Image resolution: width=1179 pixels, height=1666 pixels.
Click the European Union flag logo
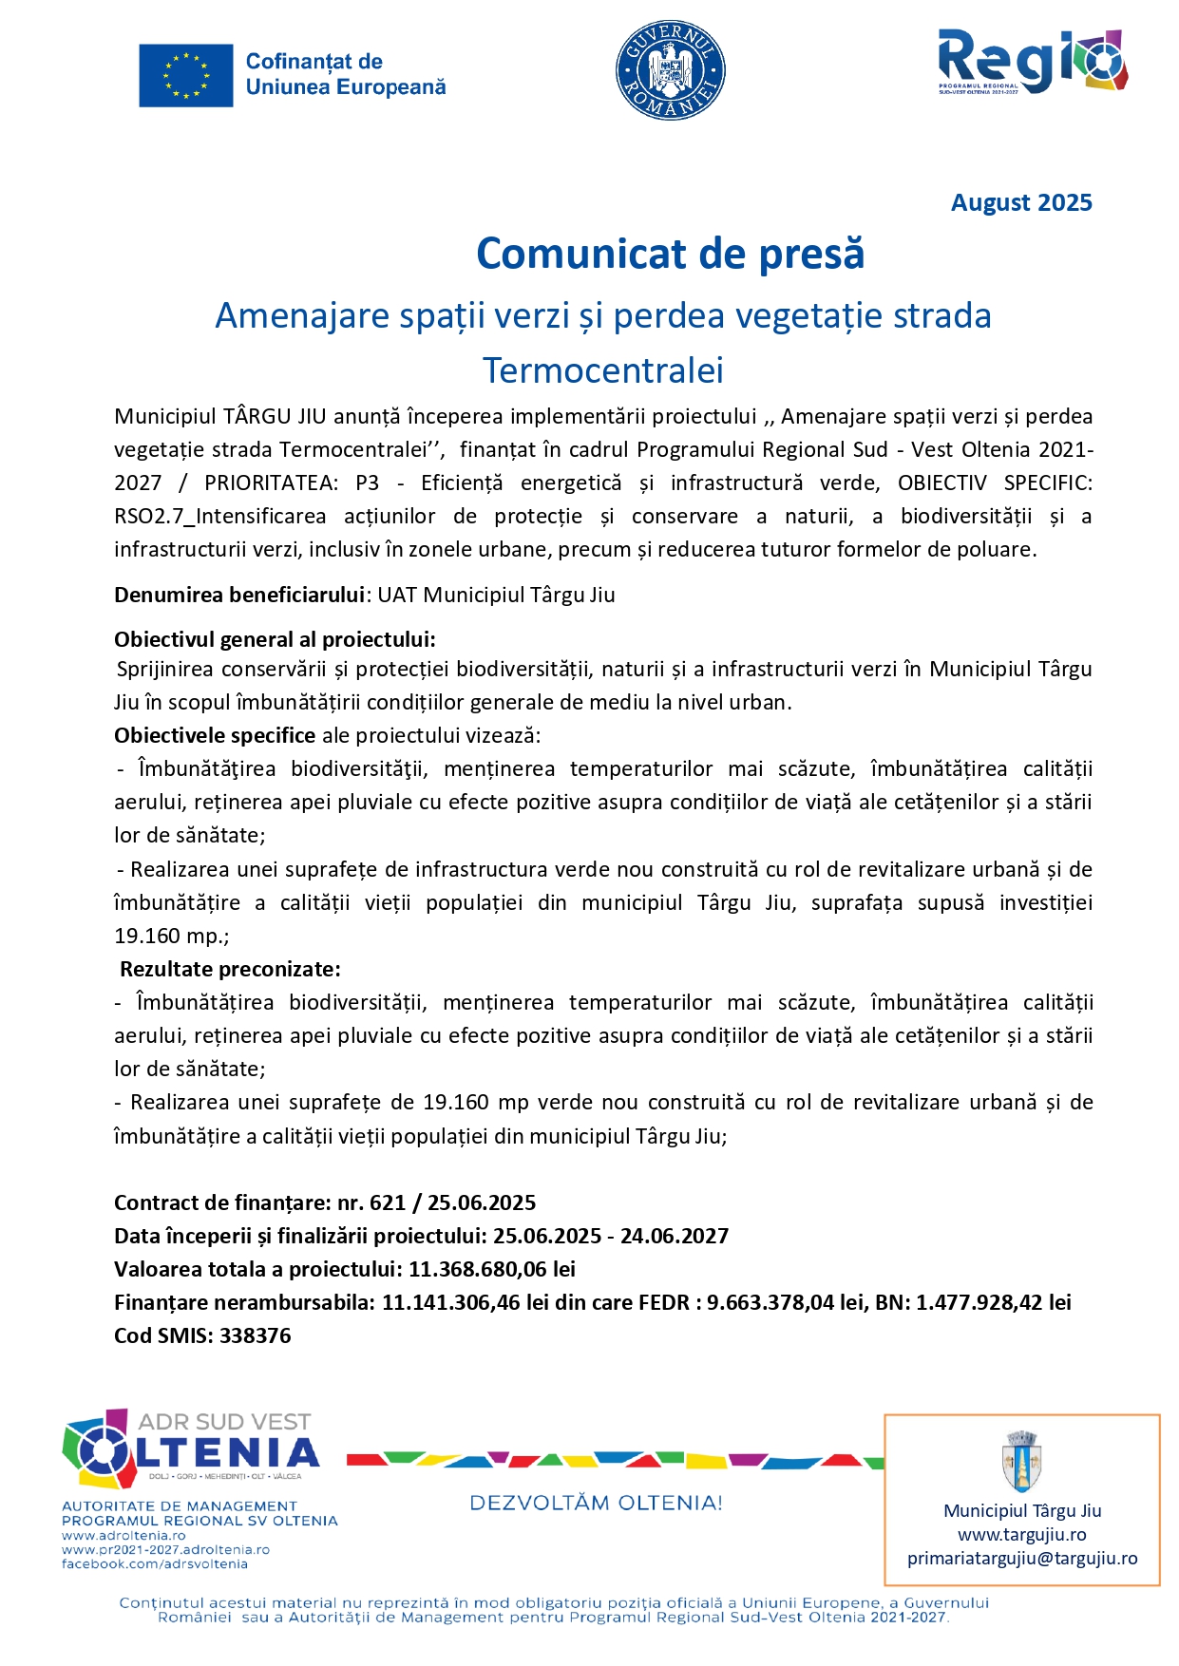pos(186,75)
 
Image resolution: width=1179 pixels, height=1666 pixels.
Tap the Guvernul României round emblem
pos(670,71)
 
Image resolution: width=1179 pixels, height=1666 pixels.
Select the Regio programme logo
pos(1032,62)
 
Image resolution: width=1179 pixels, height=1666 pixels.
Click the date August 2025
pos(1021,203)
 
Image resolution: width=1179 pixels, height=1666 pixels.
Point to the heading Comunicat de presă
pos(670,255)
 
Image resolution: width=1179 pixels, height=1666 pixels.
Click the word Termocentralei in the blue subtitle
pos(602,370)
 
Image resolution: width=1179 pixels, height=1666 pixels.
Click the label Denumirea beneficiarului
pos(239,596)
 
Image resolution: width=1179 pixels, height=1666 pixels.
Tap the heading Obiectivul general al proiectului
pos(275,639)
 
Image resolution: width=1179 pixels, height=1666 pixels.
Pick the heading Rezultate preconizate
pos(230,970)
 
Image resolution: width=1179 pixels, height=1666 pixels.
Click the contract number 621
pos(388,1203)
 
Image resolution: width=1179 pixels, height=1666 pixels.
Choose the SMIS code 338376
pos(256,1336)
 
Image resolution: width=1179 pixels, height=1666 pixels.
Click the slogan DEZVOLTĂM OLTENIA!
pos(596,1504)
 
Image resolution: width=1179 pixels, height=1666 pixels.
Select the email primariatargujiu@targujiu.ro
pos(1022,1559)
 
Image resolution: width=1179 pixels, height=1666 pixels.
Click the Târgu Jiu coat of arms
pos(1022,1462)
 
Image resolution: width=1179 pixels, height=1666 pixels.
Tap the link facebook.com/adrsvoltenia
pos(155,1564)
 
